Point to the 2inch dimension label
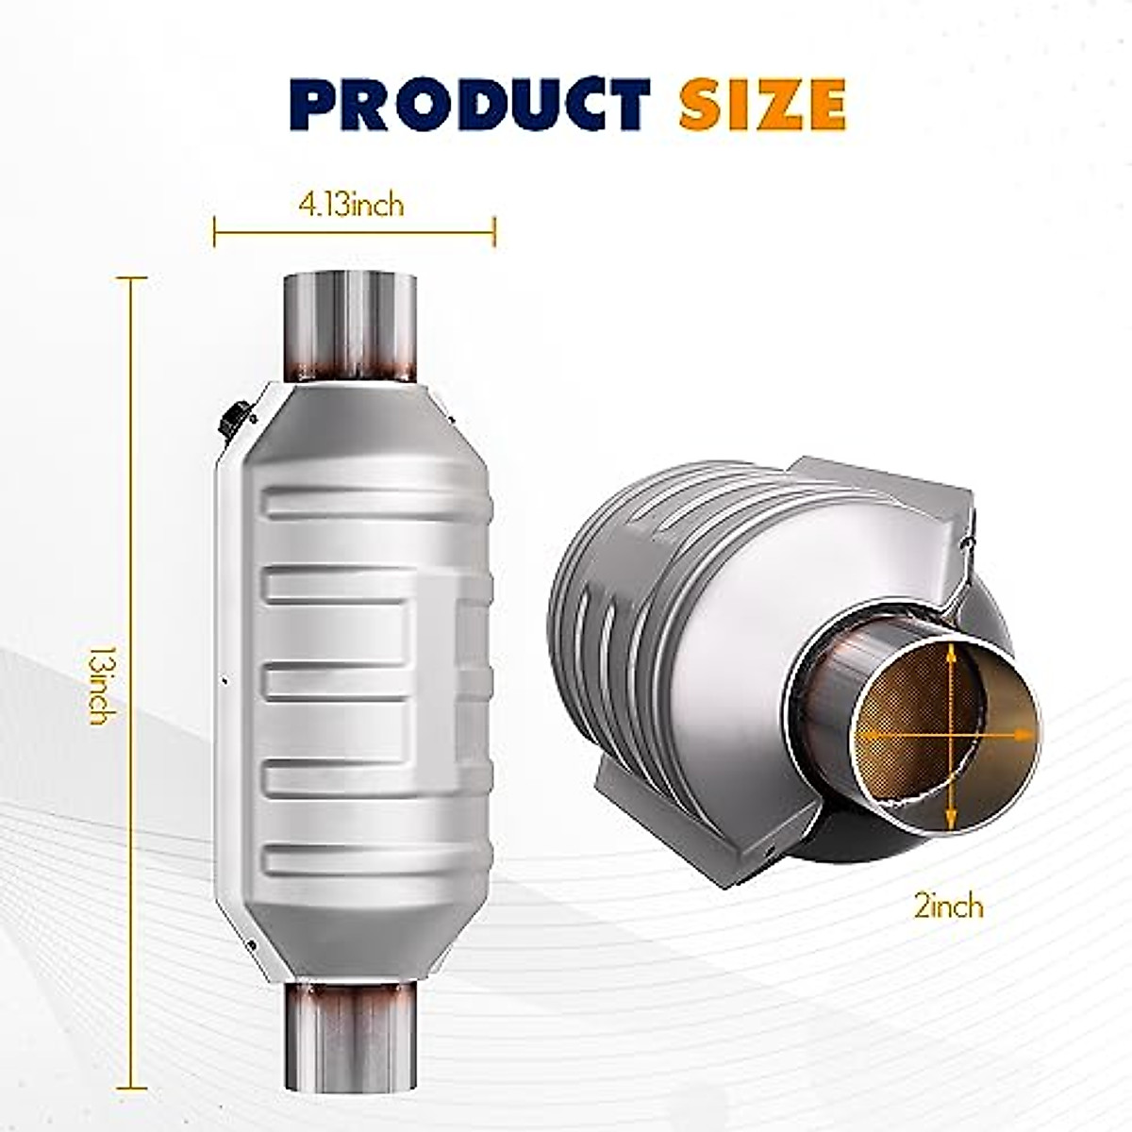(948, 907)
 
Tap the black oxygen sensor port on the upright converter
(232, 417)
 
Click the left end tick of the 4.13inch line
(214, 231)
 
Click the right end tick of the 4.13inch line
(494, 231)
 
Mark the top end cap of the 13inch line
(131, 278)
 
